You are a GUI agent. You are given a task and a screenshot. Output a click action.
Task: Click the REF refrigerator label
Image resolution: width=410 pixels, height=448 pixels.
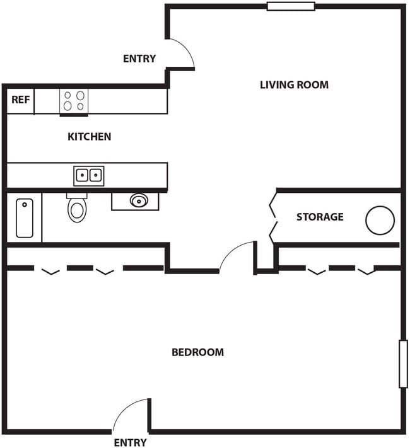[20, 100]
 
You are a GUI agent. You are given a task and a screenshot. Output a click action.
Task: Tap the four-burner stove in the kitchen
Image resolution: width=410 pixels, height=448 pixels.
[74, 101]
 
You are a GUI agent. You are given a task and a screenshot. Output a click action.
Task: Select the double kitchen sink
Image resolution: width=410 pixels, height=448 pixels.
[89, 175]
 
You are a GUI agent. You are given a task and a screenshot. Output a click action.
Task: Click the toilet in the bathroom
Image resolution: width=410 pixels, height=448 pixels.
[77, 208]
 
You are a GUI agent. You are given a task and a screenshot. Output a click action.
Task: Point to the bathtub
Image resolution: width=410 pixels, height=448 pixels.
[25, 218]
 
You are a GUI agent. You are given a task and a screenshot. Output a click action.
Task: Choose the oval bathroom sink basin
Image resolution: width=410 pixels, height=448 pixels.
[138, 201]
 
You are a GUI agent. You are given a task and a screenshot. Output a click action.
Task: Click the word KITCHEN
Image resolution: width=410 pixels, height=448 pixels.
[89, 136]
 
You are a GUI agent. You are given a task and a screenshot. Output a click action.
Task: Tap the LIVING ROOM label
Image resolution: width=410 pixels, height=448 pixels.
[294, 84]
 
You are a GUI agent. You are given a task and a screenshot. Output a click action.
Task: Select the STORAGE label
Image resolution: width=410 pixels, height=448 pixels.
[320, 217]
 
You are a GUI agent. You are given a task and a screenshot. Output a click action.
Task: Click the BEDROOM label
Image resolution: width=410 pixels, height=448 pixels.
[197, 352]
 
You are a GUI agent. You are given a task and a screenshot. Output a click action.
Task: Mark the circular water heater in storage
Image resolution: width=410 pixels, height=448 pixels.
[380, 220]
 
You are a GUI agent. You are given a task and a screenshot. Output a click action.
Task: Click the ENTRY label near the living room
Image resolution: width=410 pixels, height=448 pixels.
[139, 59]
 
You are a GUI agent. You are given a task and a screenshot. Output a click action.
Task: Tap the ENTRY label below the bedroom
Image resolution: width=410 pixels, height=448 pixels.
[130, 442]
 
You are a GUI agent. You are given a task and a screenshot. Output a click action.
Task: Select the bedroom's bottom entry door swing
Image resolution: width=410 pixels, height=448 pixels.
[131, 415]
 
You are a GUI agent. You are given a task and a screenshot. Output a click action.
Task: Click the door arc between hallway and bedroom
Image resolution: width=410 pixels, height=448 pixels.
[237, 255]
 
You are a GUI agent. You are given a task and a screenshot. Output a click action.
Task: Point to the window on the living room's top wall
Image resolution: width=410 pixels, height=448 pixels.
[290, 6]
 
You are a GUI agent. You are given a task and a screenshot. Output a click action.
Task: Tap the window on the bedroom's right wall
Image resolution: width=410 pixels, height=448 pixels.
[403, 364]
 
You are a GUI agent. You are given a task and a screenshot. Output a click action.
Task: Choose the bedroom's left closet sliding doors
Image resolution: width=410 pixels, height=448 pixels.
[85, 269]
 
